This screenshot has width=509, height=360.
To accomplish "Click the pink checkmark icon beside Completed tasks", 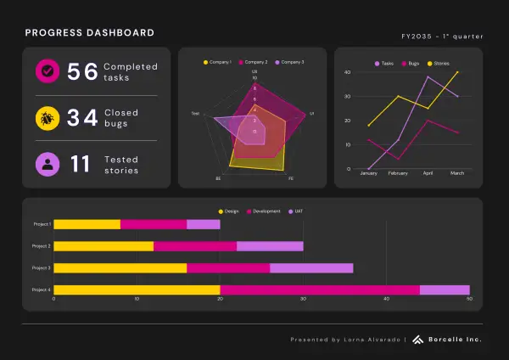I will click(48, 71).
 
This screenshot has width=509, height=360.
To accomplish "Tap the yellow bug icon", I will click(48, 117).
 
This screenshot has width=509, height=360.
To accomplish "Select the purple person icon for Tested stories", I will click(48, 163).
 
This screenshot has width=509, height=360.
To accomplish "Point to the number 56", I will click(83, 71).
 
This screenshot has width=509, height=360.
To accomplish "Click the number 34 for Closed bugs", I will click(83, 117).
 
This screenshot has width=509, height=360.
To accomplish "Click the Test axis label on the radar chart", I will click(195, 113).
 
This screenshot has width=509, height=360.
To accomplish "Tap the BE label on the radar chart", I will click(218, 178).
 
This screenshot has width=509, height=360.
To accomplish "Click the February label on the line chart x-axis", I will click(398, 173).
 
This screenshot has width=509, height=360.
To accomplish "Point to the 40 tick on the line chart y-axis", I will click(348, 72).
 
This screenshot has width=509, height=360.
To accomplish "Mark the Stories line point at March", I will click(458, 72).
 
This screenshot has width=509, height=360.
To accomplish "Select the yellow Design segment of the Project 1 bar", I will click(87, 224).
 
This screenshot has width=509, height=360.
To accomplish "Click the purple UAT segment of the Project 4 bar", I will click(445, 290).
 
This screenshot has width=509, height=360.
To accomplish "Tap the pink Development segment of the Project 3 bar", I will click(228, 268).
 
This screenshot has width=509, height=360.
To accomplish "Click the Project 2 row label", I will click(42, 246).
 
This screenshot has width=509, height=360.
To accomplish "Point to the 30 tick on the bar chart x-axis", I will click(303, 299).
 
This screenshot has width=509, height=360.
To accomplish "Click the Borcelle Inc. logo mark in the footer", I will click(418, 340).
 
